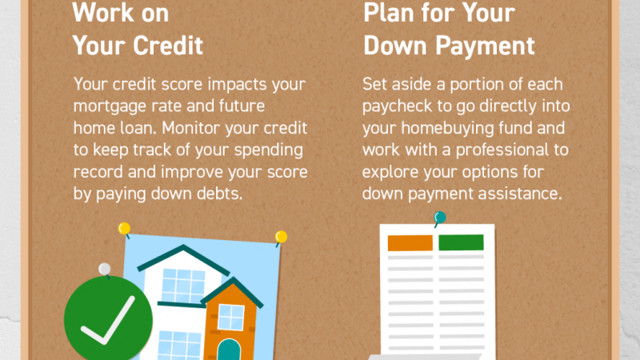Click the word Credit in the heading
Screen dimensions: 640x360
coord(168,45)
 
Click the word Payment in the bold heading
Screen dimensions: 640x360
coord(485,46)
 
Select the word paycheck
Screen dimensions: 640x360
coord(397,106)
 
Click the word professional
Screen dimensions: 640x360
coord(502,150)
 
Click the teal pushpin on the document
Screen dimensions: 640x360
coord(439,218)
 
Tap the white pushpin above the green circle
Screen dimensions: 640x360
coord(105,270)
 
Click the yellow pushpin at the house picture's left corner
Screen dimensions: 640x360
coord(125,230)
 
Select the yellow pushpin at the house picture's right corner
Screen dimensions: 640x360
coord(281,238)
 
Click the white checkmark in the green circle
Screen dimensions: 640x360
coord(109,321)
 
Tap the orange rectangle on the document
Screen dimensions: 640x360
coord(410,243)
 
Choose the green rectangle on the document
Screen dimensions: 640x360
coord(462,242)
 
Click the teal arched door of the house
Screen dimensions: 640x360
coord(229,350)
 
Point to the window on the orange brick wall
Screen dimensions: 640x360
coord(231,317)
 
